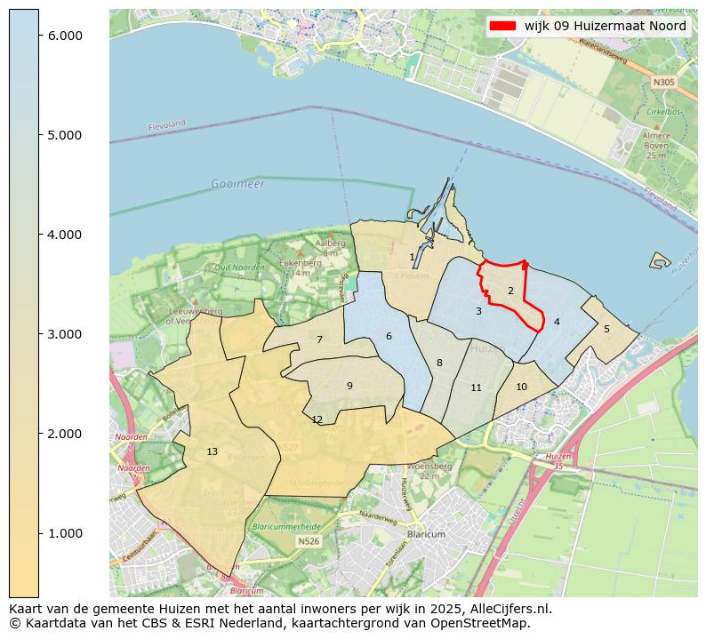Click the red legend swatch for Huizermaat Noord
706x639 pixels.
pyautogui.click(x=503, y=26)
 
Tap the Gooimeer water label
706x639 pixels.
pyautogui.click(x=237, y=184)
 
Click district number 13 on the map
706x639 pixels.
pyautogui.click(x=212, y=451)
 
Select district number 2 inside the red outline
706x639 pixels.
pyautogui.click(x=510, y=291)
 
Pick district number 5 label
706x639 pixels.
pyautogui.click(x=606, y=329)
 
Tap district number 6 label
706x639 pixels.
pyautogui.click(x=389, y=336)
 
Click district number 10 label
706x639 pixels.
pyautogui.click(x=521, y=387)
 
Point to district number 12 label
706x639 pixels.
pyautogui.click(x=317, y=419)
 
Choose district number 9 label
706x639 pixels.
pyautogui.click(x=349, y=385)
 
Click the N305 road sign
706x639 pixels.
pyautogui.click(x=663, y=83)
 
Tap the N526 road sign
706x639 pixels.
pyautogui.click(x=309, y=540)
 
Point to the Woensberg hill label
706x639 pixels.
pyautogui.click(x=430, y=466)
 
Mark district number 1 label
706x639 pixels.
pyautogui.click(x=412, y=257)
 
